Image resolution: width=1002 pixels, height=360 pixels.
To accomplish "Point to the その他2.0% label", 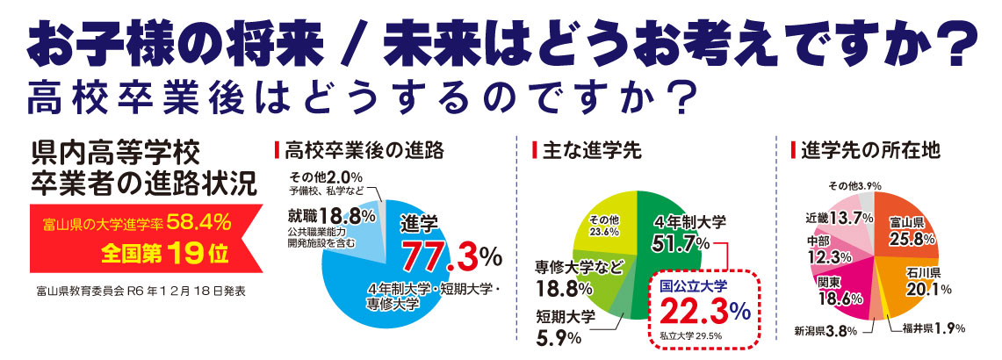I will click(x=326, y=176).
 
